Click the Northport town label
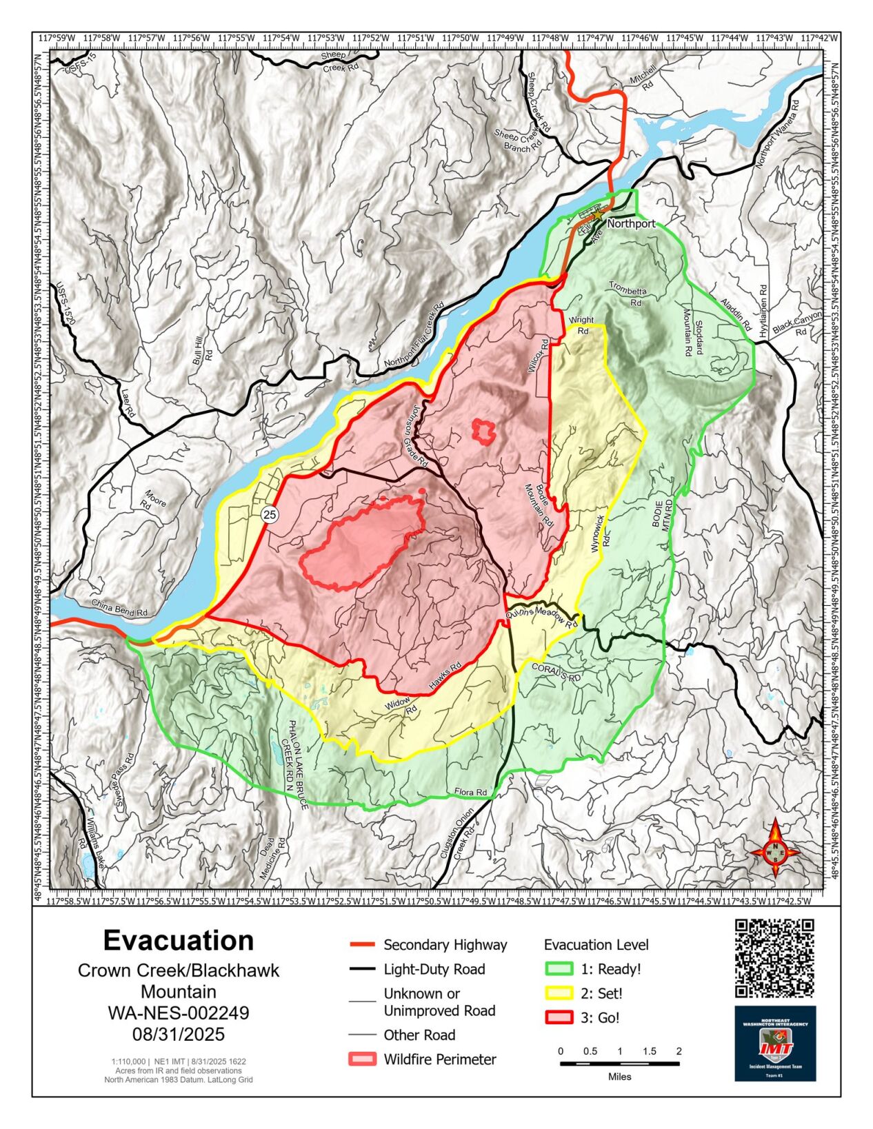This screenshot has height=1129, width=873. click(x=631, y=224)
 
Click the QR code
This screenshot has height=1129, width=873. click(x=774, y=958)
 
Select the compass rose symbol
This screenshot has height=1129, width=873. click(x=775, y=848)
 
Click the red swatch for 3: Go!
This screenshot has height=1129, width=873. click(x=559, y=1017)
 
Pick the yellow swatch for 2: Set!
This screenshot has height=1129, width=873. click(x=559, y=993)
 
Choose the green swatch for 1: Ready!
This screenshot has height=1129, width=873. click(x=559, y=969)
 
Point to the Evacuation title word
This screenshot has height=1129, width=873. click(x=178, y=940)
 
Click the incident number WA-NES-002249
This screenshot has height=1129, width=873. click(x=178, y=1013)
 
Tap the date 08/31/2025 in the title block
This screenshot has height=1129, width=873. click(x=178, y=1035)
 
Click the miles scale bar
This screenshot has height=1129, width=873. click(x=619, y=1064)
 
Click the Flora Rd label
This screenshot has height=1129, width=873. click(x=471, y=792)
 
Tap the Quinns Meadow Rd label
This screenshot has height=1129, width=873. click(x=541, y=619)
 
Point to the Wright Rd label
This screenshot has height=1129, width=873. click(x=581, y=325)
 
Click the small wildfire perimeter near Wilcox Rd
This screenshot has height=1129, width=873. click(x=484, y=430)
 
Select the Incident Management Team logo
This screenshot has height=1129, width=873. click(x=775, y=1043)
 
